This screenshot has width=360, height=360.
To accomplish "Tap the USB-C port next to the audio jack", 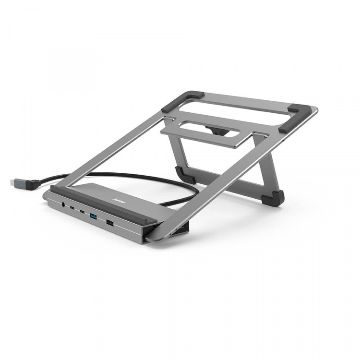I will click(72, 208).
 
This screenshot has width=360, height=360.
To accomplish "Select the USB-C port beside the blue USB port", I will click(83, 212).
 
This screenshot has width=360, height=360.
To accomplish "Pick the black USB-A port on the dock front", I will click(110, 222).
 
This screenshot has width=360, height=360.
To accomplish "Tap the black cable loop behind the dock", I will click(158, 180).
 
